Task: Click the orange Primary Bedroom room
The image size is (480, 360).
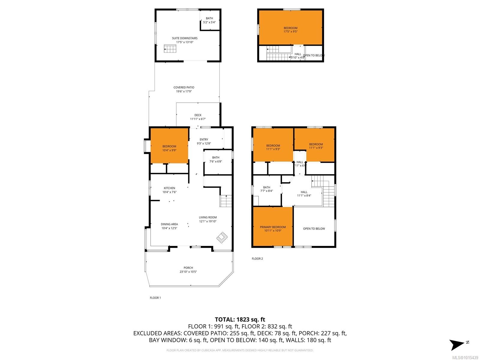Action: pyautogui.click(x=273, y=227)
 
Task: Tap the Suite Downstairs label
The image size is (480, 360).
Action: pyautogui.click(x=184, y=38)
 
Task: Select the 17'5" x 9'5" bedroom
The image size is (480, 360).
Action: pyautogui.click(x=290, y=28)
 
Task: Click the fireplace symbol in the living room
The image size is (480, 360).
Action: pyautogui.click(x=222, y=237)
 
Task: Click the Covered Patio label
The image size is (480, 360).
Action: pyautogui.click(x=184, y=88)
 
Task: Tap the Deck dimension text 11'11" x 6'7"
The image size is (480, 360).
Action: pyautogui.click(x=198, y=119)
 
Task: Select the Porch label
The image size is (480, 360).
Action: pyautogui.click(x=188, y=268)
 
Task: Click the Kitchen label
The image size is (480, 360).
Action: pyautogui.click(x=169, y=188)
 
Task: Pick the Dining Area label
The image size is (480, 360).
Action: pyautogui.click(x=169, y=224)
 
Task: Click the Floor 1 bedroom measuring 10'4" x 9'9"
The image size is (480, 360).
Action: pyautogui.click(x=169, y=146)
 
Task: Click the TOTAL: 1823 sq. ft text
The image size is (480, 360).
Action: pyautogui.click(x=240, y=319)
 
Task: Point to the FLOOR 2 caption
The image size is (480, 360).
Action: pyautogui.click(x=257, y=259)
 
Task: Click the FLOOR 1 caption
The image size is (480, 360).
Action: pyautogui.click(x=155, y=298)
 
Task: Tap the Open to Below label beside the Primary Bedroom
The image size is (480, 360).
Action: pyautogui.click(x=314, y=229)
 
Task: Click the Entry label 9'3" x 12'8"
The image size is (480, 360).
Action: pyautogui.click(x=204, y=139)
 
